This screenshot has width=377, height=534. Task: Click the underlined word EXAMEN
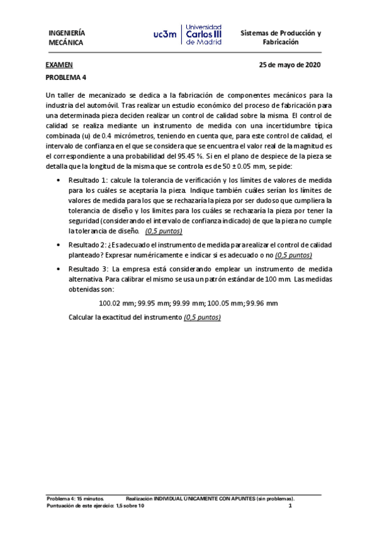(x=59, y=65)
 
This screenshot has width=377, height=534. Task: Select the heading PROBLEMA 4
(x=66, y=77)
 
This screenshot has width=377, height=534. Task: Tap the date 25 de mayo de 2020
(x=290, y=65)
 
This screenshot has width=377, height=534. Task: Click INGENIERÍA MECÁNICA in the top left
(x=67, y=38)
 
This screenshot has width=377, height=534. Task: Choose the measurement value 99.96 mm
(x=262, y=303)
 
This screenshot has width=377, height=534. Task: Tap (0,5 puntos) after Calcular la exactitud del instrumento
(x=202, y=317)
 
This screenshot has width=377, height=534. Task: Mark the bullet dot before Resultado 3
(x=58, y=270)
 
